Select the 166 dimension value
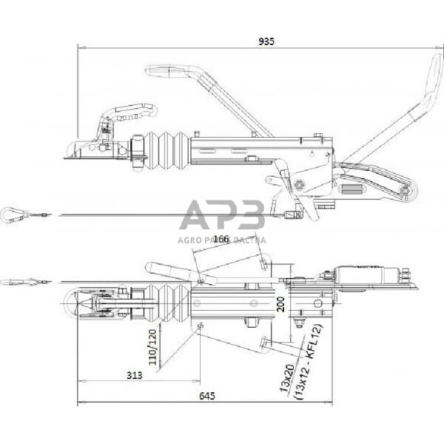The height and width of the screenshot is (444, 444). click(x=221, y=239)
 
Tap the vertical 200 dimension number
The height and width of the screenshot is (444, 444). click(x=280, y=303)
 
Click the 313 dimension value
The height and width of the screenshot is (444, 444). click(x=133, y=375)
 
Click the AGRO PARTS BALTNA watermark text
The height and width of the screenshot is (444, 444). click(x=222, y=240)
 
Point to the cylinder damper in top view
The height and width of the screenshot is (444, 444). click(x=369, y=277)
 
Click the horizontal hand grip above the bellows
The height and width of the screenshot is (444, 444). click(x=169, y=72)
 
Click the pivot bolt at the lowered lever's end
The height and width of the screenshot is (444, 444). click(x=405, y=194)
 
